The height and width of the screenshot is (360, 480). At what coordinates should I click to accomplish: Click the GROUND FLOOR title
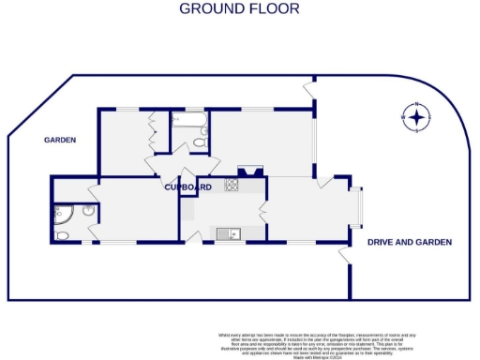click(x=239, y=8)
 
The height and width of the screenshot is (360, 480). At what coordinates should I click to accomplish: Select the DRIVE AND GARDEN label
click(x=409, y=242)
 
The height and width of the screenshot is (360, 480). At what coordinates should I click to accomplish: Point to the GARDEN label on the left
click(x=59, y=140)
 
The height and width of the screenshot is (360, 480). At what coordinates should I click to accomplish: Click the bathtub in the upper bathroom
click(x=188, y=119)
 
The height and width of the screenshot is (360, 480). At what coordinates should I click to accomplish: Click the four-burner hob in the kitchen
click(x=231, y=187)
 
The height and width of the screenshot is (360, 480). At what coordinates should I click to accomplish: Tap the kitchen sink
click(x=228, y=232)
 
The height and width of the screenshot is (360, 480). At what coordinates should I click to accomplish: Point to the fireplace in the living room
click(x=249, y=172)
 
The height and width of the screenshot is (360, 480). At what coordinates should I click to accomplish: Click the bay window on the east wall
click(x=355, y=208)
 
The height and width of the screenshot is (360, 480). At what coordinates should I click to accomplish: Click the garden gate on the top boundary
click(x=308, y=89)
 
